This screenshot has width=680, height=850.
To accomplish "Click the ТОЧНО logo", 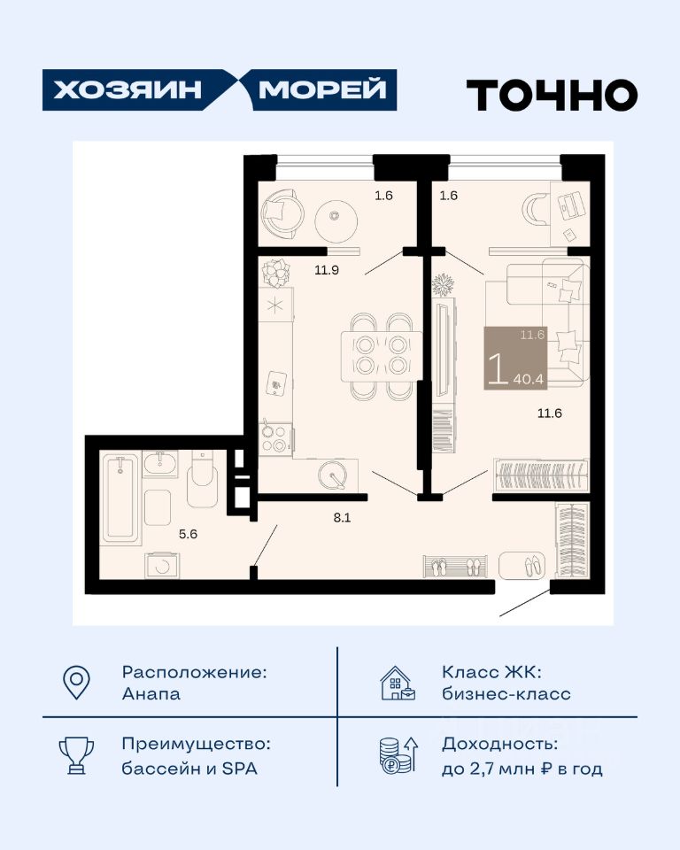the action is coord(552,95).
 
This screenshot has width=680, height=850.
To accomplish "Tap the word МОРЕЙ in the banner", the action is coord(322,89).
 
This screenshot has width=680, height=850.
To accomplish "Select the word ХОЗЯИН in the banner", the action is coord(127,89).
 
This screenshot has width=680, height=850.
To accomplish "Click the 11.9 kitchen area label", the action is coord(327,269).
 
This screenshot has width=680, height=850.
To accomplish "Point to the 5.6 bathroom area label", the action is coord(189,534).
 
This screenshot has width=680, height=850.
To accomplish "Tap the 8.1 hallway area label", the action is coord(342,518).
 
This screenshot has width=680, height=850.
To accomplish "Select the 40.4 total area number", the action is coord(529,379).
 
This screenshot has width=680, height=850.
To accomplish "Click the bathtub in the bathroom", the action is coord(120,498).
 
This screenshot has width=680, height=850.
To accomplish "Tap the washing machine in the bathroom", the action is coord(162,566).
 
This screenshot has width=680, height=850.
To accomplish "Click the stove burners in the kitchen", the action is coord(274,439).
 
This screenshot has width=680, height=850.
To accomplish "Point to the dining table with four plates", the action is coord(382,356).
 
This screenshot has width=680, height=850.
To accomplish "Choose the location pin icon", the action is coord(76,682).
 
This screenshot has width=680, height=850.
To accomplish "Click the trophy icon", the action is coord(76,755).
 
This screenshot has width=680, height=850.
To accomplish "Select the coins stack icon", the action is coord(398,754).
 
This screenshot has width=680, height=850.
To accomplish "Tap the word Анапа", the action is coord(151,694).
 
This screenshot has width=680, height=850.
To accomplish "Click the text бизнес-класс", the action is coord(506,694).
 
